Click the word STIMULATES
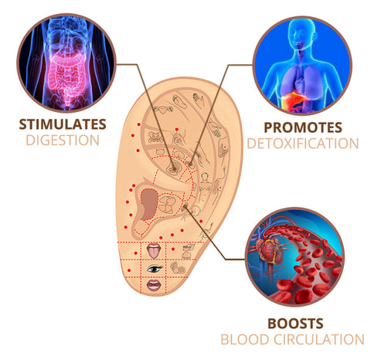pyautogui.click(x=63, y=124)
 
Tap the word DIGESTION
pyautogui.click(x=63, y=141)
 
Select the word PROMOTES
pyautogui.click(x=303, y=127)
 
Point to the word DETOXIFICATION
pyautogui.click(x=303, y=144)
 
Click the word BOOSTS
pyautogui.click(x=295, y=324)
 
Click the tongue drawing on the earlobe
pyautogui.click(x=154, y=251)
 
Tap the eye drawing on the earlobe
pyautogui.click(x=155, y=269)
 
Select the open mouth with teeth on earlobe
pyautogui.click(x=154, y=285)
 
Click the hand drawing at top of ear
pyautogui.click(x=199, y=100)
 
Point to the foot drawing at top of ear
pyautogui.click(x=180, y=102)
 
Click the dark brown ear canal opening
pyautogui.click(x=149, y=204)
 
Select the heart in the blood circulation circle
pyautogui.click(x=271, y=250)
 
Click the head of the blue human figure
pyautogui.click(x=301, y=32)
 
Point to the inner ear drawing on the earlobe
pyautogui.click(x=178, y=268)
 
